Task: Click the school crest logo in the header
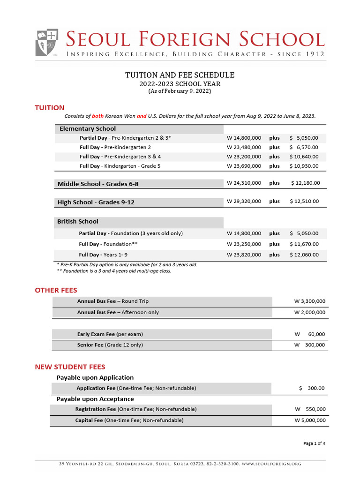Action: click(47, 43)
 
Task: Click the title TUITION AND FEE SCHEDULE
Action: click(180, 75)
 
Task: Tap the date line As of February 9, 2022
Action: click(180, 91)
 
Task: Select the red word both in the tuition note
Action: click(97, 116)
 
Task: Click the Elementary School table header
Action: click(88, 128)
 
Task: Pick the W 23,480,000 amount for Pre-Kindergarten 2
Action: click(244, 147)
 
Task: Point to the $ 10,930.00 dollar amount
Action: click(304, 166)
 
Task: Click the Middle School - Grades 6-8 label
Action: click(98, 184)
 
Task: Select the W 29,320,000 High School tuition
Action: click(244, 201)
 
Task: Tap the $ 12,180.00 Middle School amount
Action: click(305, 183)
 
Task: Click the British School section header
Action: click(78, 221)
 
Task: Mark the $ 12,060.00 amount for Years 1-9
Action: click(304, 255)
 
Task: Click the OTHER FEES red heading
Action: click(56, 290)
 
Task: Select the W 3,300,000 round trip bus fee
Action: click(309, 301)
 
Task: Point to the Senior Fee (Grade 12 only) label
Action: click(110, 345)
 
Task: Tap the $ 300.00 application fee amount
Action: click(312, 388)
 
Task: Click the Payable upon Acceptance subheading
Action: click(95, 399)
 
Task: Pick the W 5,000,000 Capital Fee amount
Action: click(310, 420)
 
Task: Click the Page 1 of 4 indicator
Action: click(314, 443)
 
